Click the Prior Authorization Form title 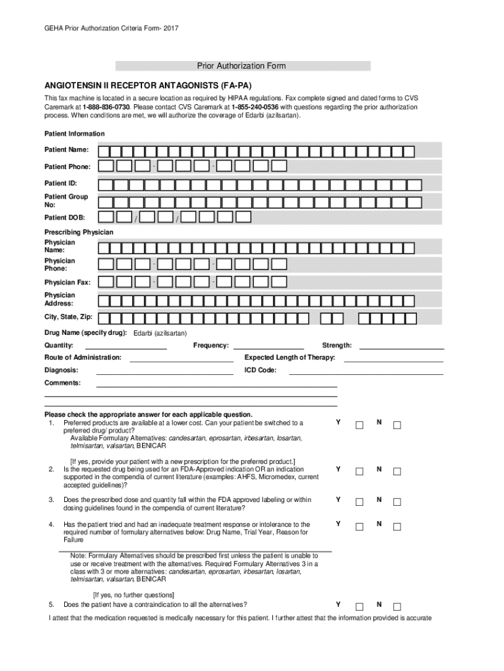242,66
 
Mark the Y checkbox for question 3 359,503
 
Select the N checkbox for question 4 397,527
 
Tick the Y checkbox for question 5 359,606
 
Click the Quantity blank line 126,347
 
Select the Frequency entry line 268,347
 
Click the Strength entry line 401,347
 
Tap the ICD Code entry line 366,372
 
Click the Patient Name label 67,150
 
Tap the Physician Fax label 67,282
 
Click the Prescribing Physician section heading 79,233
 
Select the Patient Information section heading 74,134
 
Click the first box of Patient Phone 106,166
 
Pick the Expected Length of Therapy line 393,360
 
